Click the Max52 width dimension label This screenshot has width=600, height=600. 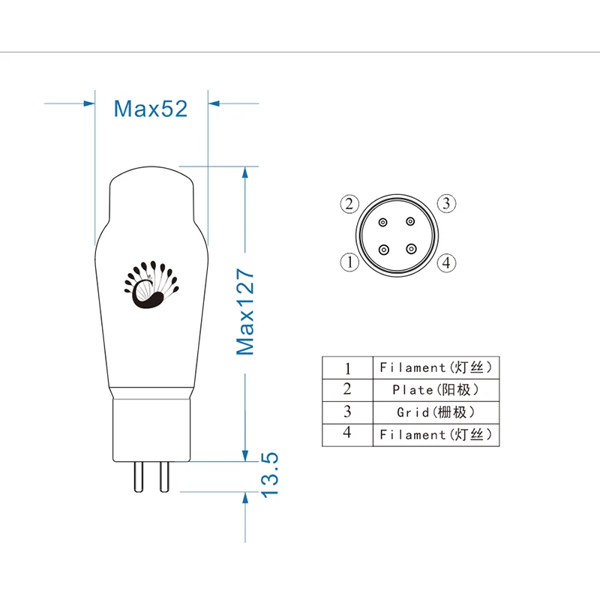coord(150,109)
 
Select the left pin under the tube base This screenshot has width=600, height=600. coord(138,475)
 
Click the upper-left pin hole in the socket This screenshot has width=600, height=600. coord(384,223)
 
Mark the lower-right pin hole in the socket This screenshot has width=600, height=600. coord(409,249)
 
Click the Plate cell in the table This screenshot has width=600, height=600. coord(436,390)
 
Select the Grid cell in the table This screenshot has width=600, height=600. coord(436,412)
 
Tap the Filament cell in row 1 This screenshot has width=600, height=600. coord(436,367)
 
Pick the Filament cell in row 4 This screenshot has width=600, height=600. coord(436,435)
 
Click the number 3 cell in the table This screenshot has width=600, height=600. coord(347,412)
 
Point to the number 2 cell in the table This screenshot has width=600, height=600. coord(347,389)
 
